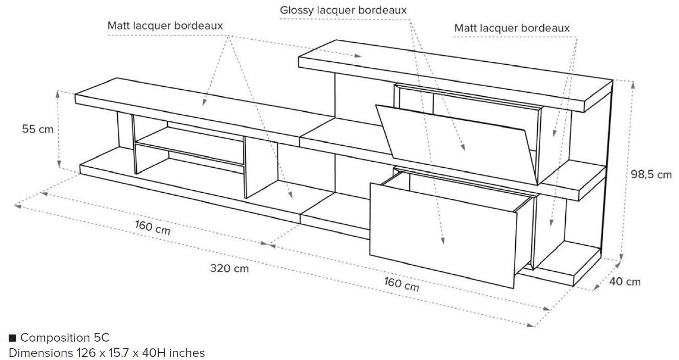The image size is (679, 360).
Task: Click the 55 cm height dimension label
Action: tap(37, 130)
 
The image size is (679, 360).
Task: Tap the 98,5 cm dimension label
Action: tap(651, 174)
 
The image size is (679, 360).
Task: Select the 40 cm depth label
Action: tap(625, 281)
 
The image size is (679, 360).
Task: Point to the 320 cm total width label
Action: tap(230, 268)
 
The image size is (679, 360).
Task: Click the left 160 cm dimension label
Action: tap(153, 227)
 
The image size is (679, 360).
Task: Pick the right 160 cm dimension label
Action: tap(401, 284)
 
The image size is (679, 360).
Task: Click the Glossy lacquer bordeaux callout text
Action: tap(343, 10)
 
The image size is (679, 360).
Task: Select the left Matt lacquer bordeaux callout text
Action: tap(165, 25)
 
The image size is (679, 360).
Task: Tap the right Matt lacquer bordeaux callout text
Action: tap(512, 28)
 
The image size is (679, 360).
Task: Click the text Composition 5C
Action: tap(65, 338)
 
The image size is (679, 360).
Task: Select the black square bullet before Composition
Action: tap(13, 338)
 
